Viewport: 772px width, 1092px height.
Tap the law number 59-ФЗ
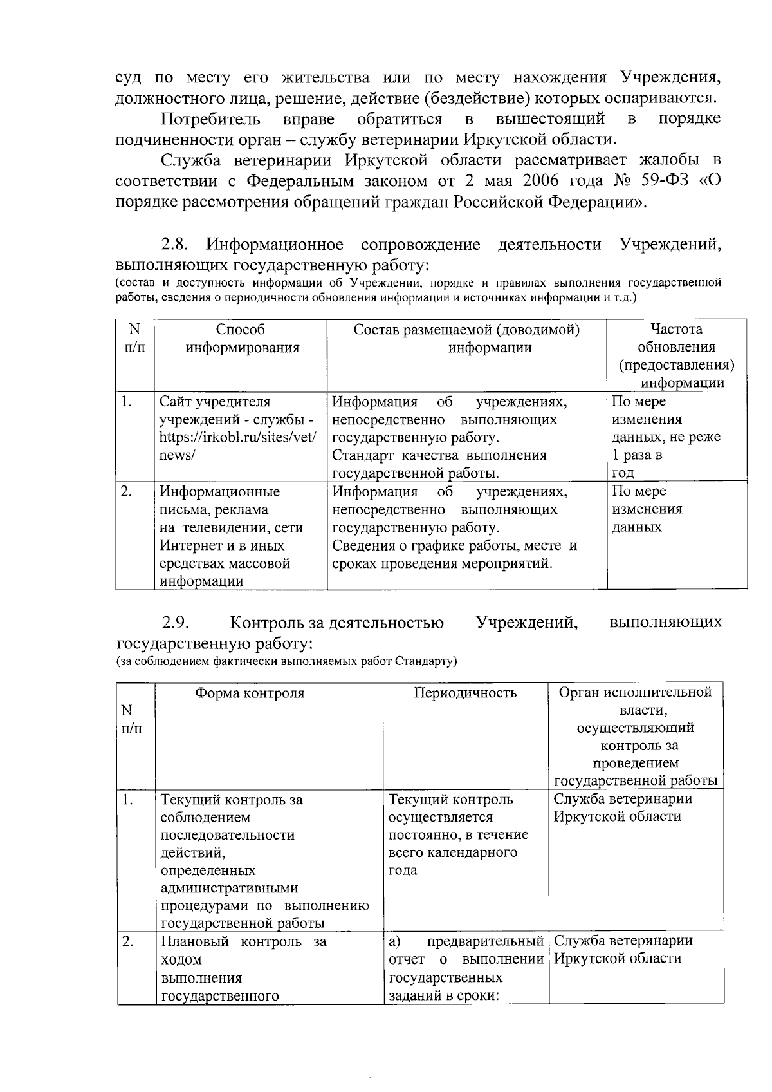pyautogui.click(x=643, y=180)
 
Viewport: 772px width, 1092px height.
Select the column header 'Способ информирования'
pyautogui.click(x=242, y=339)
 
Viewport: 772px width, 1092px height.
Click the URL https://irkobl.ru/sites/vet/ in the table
pyautogui.click(x=237, y=437)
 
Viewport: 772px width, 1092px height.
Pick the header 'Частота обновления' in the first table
pyautogui.click(x=676, y=338)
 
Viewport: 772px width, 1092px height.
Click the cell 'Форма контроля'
pyautogui.click(x=250, y=693)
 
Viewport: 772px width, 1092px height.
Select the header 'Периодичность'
pyautogui.click(x=464, y=693)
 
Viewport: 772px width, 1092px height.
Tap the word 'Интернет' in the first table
pyautogui.click(x=190, y=545)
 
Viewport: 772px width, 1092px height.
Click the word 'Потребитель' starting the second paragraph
pyautogui.click(x=211, y=119)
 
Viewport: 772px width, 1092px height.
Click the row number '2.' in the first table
pyautogui.click(x=127, y=492)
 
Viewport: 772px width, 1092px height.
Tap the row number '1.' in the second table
pyautogui.click(x=127, y=800)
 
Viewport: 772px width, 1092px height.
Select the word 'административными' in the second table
pyautogui.click(x=229, y=888)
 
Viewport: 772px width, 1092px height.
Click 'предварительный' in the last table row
pyautogui.click(x=485, y=941)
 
